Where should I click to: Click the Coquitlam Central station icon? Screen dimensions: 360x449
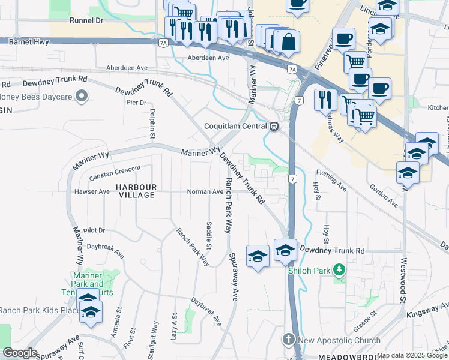pyautogui.click(x=274, y=127)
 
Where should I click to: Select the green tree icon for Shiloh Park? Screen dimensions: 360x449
pyautogui.click(x=340, y=270)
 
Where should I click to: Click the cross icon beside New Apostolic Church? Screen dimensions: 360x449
pyautogui.click(x=288, y=340)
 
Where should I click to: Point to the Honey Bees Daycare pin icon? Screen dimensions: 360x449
pyautogui.click(x=82, y=96)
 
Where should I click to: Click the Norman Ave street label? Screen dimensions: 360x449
pyautogui.click(x=205, y=192)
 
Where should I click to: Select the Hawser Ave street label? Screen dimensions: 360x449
pyautogui.click(x=92, y=192)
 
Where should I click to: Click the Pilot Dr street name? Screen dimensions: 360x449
pyautogui.click(x=94, y=230)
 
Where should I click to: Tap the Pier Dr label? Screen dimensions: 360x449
pyautogui.click(x=136, y=103)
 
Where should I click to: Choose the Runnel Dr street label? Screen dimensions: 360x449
pyautogui.click(x=86, y=20)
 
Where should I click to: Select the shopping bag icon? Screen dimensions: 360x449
pyautogui.click(x=288, y=42)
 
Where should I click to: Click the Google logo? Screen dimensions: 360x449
pyautogui.click(x=20, y=353)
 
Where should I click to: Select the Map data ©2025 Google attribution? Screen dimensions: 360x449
pyautogui.click(x=412, y=355)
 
